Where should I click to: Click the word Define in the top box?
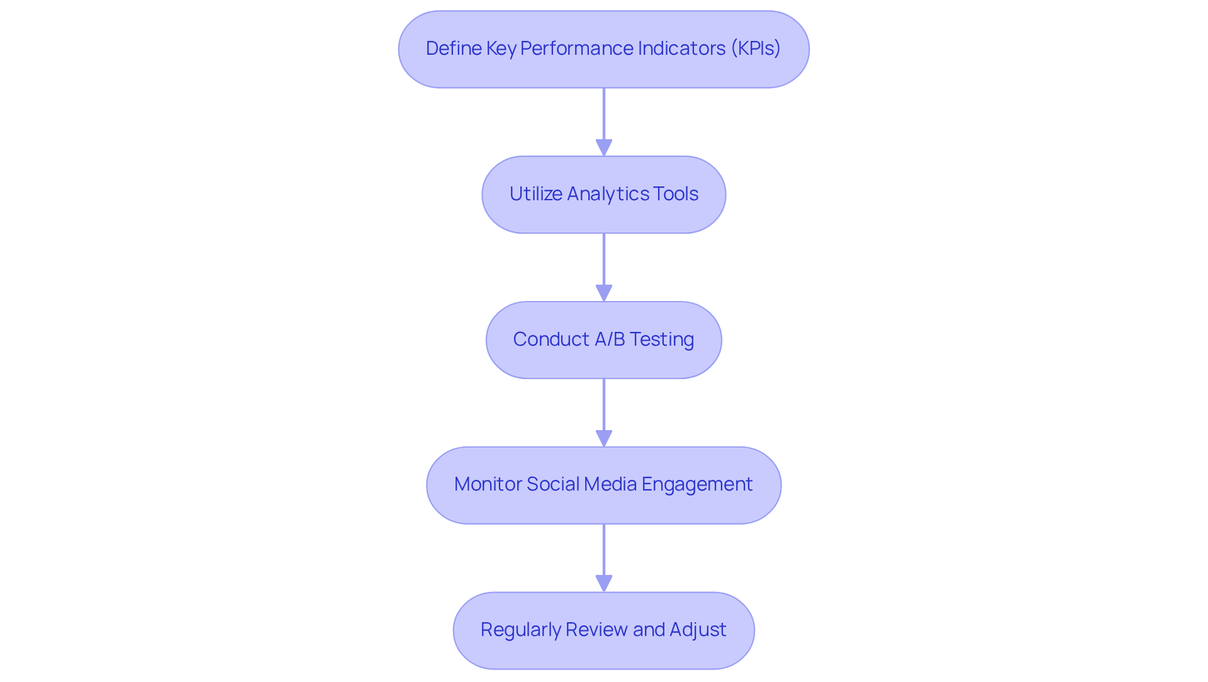[x=453, y=48]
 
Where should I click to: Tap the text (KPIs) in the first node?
[x=755, y=48]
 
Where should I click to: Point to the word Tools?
[x=676, y=194]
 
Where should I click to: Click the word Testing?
[x=662, y=339]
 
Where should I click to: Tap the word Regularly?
[x=520, y=630]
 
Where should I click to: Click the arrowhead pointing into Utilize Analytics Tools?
[x=604, y=148]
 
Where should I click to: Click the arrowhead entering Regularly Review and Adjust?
[x=604, y=584]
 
